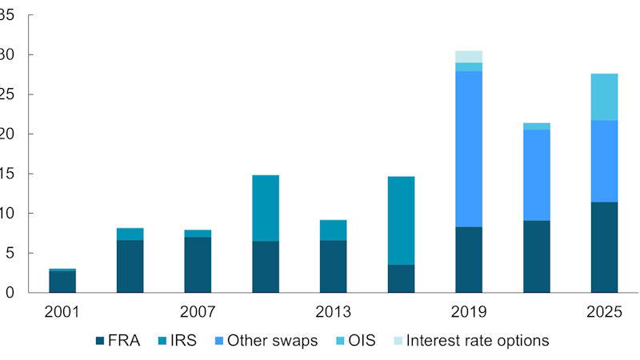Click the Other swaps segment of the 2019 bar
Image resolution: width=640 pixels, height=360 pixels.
tap(469, 149)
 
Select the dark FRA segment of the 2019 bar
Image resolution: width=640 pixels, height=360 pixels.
tap(469, 259)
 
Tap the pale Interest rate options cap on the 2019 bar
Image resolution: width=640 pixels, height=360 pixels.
tap(469, 57)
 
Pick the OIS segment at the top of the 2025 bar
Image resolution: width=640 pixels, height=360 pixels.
tap(604, 97)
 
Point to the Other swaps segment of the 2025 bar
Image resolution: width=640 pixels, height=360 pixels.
tap(604, 161)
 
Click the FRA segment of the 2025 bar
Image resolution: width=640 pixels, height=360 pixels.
tap(604, 247)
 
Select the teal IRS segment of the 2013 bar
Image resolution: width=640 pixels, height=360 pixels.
tap(333, 230)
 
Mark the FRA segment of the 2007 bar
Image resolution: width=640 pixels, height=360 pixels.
tap(198, 265)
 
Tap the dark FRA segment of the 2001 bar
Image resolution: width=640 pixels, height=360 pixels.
tap(62, 282)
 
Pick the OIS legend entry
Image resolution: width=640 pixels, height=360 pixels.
tap(361, 341)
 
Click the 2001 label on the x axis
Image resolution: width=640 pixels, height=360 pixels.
tap(62, 311)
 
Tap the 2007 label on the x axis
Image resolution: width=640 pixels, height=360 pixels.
tap(198, 311)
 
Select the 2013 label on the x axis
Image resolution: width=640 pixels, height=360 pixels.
tap(333, 311)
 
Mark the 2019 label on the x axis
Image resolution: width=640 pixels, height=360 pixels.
tap(469, 311)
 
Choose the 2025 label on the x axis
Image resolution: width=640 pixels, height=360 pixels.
tap(604, 311)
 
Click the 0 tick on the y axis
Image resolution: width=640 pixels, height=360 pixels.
tap(10, 293)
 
